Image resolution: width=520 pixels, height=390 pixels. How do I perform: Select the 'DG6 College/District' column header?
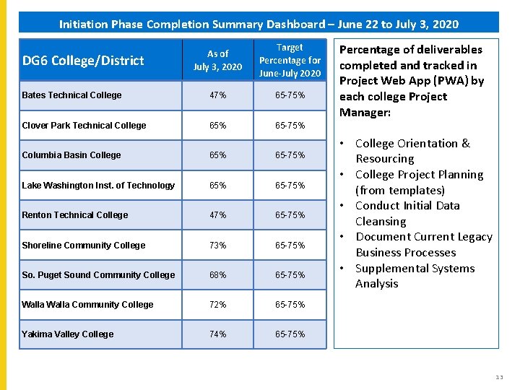[x=83, y=61]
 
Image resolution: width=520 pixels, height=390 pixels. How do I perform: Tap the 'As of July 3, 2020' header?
[x=217, y=61]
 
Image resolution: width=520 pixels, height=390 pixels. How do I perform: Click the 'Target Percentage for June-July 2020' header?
[x=290, y=61]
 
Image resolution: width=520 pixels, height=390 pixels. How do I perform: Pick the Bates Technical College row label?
[x=71, y=95]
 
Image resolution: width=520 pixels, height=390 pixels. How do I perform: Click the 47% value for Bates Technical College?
[x=217, y=95]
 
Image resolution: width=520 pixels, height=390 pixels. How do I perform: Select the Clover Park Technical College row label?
[x=84, y=126]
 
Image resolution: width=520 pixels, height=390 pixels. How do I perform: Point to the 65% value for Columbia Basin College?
[x=217, y=155]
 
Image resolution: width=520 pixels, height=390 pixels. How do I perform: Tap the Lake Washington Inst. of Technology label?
[x=98, y=186]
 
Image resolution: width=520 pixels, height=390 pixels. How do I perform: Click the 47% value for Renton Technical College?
[x=217, y=215]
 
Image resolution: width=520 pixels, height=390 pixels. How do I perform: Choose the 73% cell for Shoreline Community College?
[x=217, y=246]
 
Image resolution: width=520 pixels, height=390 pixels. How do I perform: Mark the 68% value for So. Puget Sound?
[x=217, y=275]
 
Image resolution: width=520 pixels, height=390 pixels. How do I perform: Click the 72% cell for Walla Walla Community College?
[x=217, y=305]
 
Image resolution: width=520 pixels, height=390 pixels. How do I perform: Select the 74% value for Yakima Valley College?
[x=217, y=334]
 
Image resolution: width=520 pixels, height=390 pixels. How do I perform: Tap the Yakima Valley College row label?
[x=67, y=334]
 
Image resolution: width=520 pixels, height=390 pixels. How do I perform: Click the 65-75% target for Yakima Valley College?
[x=290, y=334]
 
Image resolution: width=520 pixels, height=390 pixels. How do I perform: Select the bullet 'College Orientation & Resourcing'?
[x=412, y=151]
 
